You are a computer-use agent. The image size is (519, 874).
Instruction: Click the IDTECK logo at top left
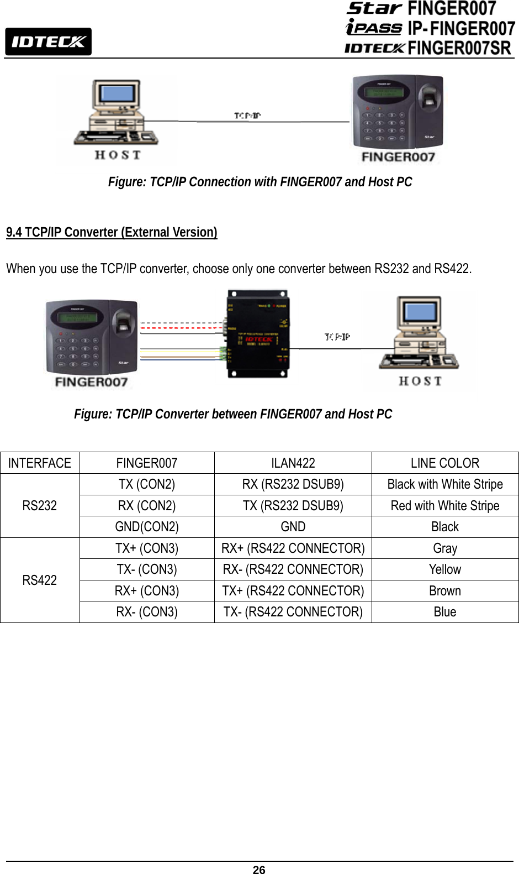(48, 41)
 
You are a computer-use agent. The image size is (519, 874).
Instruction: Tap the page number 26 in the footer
(259, 870)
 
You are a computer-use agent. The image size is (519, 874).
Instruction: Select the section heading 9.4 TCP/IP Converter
(112, 232)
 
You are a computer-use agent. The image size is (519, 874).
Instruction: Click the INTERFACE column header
(40, 463)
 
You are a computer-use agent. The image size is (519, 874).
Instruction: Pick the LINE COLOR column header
(444, 463)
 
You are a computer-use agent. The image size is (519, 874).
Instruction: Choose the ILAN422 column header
(293, 463)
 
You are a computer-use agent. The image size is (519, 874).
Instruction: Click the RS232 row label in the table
(40, 505)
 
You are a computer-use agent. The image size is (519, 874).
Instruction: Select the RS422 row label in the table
(40, 580)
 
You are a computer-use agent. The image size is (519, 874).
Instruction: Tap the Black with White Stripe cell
(444, 484)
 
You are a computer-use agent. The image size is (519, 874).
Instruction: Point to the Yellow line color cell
(444, 569)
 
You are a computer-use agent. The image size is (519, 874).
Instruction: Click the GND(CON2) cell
(147, 527)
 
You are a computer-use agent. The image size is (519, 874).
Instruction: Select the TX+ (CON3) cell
(147, 548)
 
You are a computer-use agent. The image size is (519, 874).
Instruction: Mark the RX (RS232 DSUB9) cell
(293, 484)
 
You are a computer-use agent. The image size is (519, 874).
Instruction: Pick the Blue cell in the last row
(444, 612)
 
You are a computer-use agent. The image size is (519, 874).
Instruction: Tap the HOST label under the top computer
(118, 155)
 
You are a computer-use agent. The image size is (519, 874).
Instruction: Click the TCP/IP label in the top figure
(247, 116)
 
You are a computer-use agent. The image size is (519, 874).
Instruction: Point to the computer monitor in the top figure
(117, 94)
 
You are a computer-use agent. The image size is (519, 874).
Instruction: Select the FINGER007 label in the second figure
(91, 382)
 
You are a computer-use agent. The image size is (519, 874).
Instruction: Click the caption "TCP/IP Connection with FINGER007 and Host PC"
(260, 182)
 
